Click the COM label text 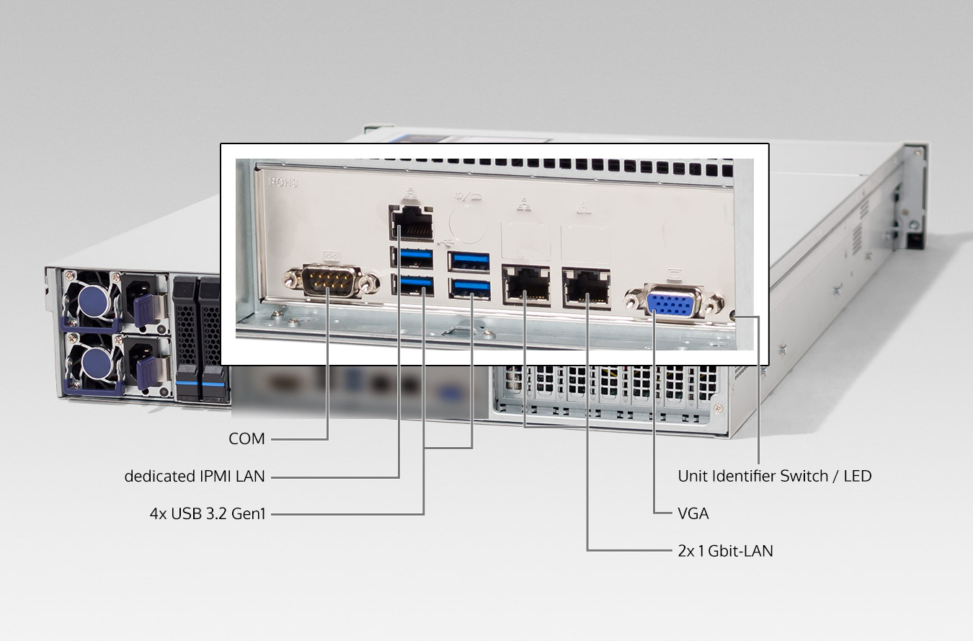click(246, 439)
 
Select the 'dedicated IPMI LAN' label click(195, 477)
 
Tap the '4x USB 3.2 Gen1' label click(208, 513)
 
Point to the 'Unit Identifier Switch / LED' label click(775, 477)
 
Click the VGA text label click(693, 513)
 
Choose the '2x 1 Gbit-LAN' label click(725, 551)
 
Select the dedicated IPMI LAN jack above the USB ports click(411, 223)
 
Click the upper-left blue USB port click(412, 257)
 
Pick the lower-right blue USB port click(469, 289)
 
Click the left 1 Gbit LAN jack click(526, 285)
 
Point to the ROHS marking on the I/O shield click(284, 182)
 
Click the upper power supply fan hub click(93, 301)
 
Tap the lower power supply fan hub click(97, 363)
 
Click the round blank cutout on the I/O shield click(468, 224)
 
